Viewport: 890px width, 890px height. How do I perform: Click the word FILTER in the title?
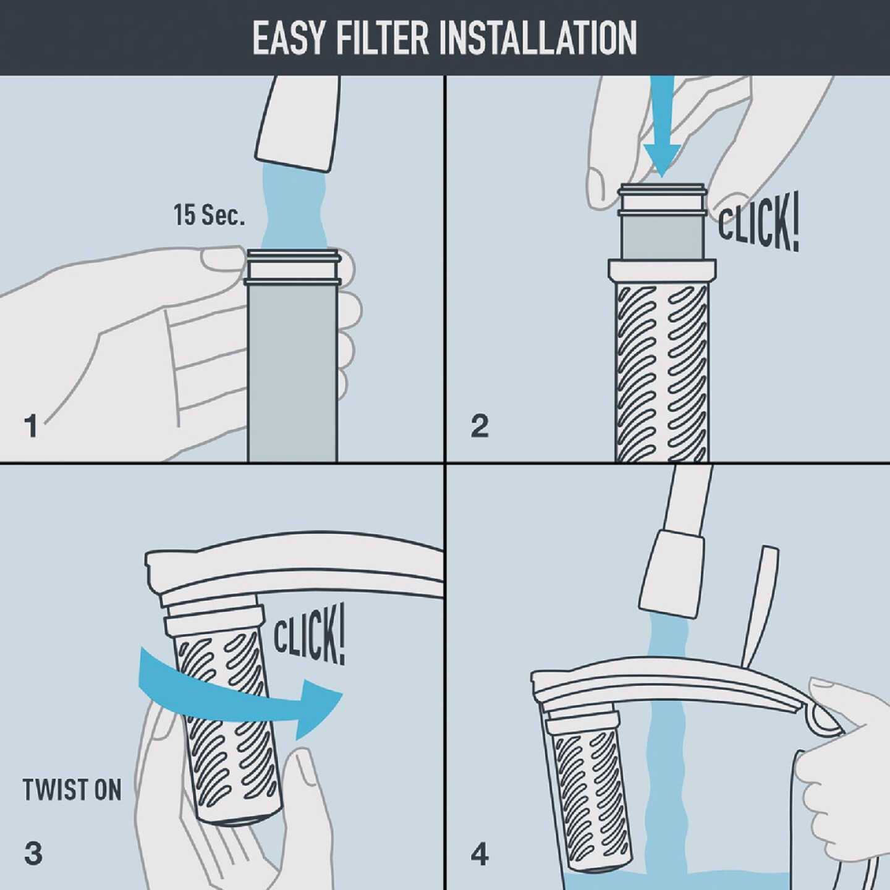[x=382, y=38]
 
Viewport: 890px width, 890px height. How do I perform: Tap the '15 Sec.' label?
[x=209, y=215]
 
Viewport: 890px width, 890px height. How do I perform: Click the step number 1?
[x=31, y=426]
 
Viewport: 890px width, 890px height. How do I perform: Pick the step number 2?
[x=480, y=426]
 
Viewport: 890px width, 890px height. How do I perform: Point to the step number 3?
[x=33, y=854]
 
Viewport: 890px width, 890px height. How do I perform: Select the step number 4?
[x=480, y=855]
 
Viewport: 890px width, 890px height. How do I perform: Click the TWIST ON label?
[x=72, y=790]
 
